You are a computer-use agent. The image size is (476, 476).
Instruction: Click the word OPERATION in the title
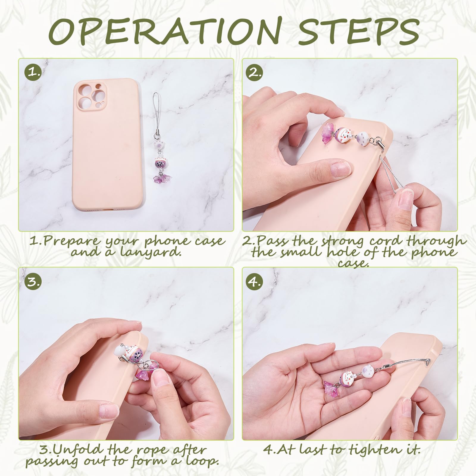165,30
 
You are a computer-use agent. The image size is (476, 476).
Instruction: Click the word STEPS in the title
359,31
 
